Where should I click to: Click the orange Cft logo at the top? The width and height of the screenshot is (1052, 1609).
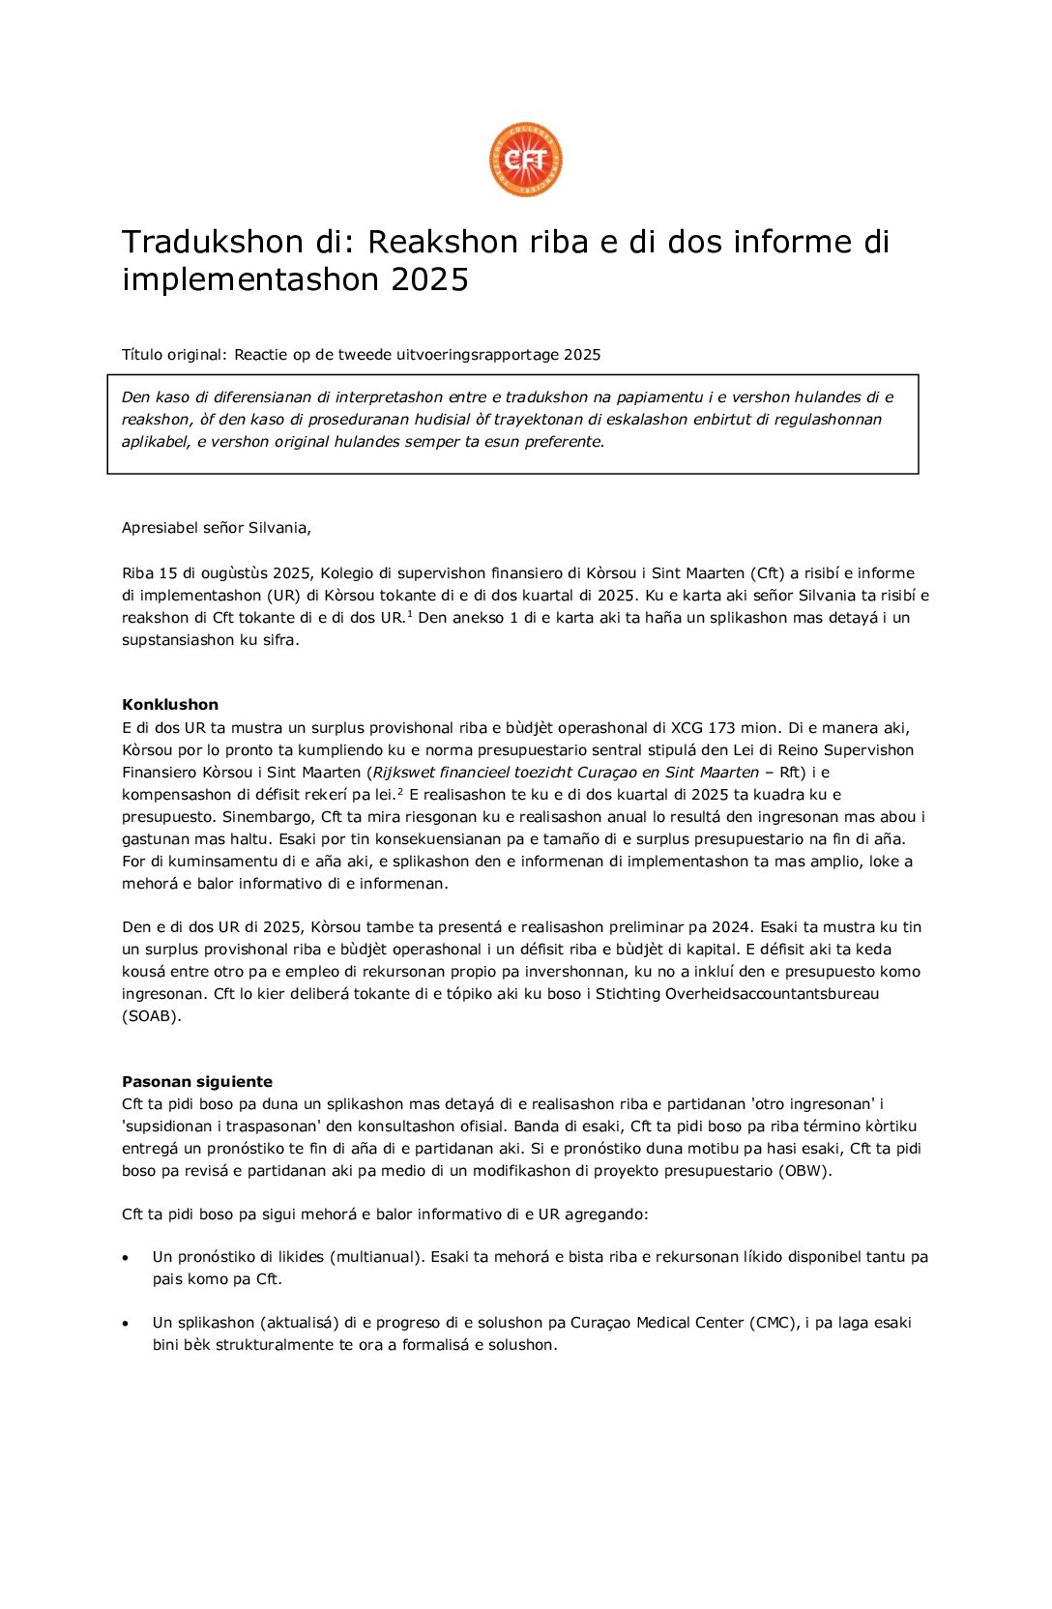point(525,160)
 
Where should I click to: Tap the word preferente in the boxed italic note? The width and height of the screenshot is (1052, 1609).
point(564,442)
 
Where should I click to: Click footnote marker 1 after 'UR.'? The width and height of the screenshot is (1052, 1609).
point(410,613)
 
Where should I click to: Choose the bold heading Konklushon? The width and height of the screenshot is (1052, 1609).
point(170,705)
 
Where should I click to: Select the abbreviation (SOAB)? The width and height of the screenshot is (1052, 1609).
point(152,1016)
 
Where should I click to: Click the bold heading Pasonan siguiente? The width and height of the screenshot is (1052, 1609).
point(197,1082)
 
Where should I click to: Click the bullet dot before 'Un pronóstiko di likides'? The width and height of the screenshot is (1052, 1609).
point(126,1258)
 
